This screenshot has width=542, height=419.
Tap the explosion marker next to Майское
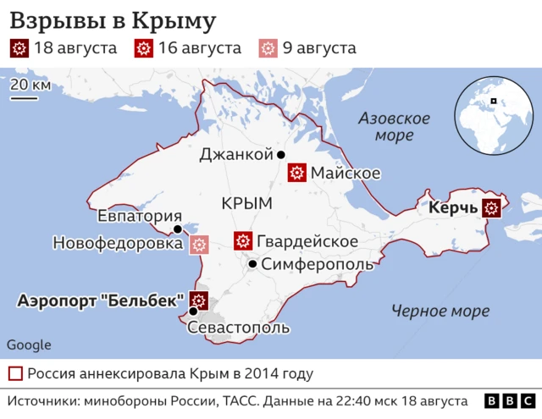(x=296, y=174)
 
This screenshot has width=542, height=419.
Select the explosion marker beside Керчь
(x=491, y=207)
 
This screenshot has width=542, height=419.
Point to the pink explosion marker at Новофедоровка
(x=199, y=244)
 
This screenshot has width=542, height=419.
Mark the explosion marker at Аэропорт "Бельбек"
(x=199, y=300)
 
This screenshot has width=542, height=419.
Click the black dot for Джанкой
(x=280, y=155)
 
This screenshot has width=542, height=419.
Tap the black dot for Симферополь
(x=252, y=265)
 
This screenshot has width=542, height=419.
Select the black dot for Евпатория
(x=177, y=229)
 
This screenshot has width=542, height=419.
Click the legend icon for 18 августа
(x=19, y=48)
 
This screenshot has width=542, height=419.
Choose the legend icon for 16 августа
(x=144, y=48)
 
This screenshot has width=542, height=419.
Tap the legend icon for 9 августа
(x=268, y=48)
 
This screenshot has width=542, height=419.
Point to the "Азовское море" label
(x=395, y=126)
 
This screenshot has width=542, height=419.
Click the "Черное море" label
(x=440, y=311)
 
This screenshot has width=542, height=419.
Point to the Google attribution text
(x=29, y=345)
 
